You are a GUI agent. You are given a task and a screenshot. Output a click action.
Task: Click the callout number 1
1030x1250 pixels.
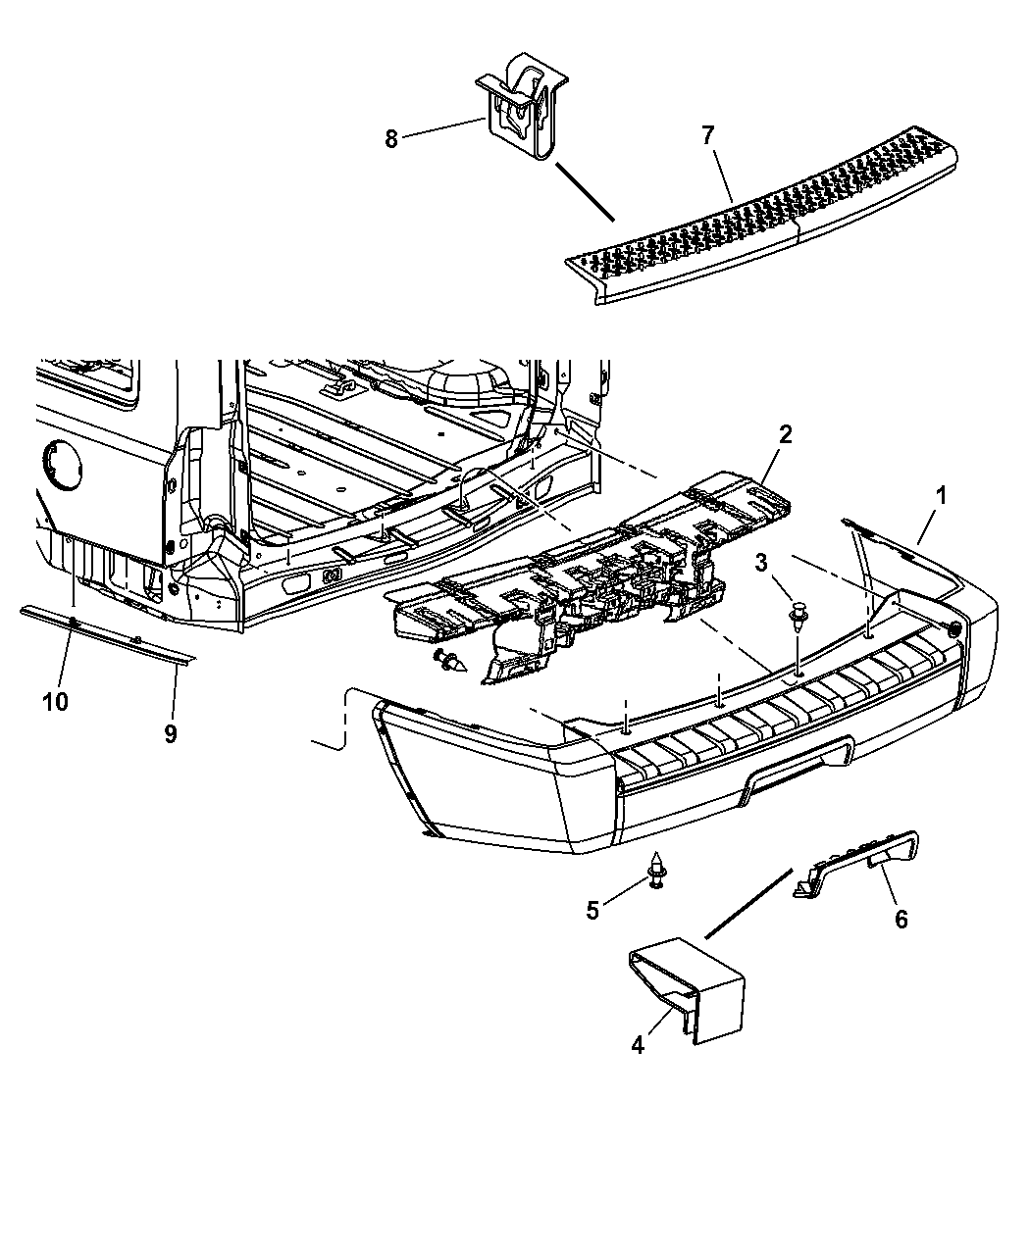[x=940, y=497]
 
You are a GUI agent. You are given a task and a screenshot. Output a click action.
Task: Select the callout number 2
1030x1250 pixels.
[x=785, y=435]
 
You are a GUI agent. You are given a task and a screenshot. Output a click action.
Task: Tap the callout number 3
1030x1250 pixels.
[x=760, y=562]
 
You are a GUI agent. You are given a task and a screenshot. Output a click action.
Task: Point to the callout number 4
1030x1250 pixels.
[x=638, y=1046]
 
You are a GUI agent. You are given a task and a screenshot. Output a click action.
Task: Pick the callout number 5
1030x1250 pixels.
[x=592, y=910]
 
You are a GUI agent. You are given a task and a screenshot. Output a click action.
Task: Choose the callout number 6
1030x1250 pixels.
[x=901, y=919]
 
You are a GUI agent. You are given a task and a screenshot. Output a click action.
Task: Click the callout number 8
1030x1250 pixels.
[x=391, y=138]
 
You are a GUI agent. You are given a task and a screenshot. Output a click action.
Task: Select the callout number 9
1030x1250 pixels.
[x=170, y=733]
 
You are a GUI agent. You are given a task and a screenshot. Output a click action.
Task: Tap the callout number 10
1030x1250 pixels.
[x=56, y=702]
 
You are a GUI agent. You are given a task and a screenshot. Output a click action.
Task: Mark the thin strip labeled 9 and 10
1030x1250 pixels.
[x=108, y=632]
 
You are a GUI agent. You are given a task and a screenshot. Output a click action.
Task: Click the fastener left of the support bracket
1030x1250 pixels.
[x=452, y=664]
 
